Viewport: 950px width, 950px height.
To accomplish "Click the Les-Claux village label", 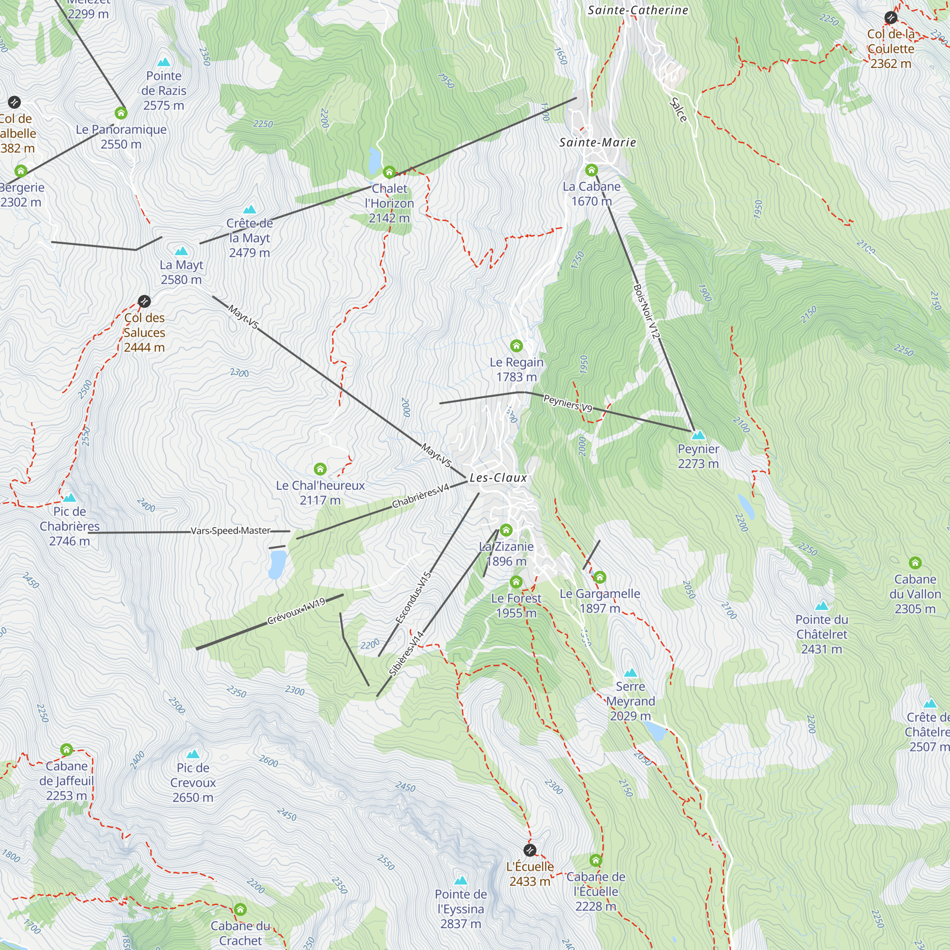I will pos(498,478).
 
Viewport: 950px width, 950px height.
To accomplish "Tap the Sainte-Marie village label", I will pos(598,142).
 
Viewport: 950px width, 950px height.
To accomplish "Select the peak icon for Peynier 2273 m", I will pos(698,435).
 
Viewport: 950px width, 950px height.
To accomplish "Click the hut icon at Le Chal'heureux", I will pos(320,469).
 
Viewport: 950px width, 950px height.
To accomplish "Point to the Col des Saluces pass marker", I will pos(144,301).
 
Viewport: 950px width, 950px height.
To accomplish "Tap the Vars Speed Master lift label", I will pos(231,531).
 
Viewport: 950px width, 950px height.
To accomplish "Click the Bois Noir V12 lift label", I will pos(646,312).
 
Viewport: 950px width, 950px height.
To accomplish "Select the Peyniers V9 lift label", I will pos(568,404).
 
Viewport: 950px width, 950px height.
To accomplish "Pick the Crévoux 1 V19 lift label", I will pos(296,611).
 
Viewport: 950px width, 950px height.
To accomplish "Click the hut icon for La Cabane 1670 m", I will pos(591,170).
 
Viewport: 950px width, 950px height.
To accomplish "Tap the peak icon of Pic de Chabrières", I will pos(70,498).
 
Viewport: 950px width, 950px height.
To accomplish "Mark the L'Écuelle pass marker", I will pos(530,850).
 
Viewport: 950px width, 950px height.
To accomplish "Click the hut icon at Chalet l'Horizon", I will pos(389,172).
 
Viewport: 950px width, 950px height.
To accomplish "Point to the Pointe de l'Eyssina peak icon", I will pos(461,881).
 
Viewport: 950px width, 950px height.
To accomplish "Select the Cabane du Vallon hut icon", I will pos(915,562).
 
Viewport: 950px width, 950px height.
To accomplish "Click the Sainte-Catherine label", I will pos(638,10).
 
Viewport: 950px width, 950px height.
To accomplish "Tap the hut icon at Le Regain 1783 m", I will pos(516,346).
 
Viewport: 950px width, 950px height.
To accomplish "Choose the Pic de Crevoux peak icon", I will pos(193,754).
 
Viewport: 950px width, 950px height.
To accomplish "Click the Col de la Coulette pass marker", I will pos(891,18).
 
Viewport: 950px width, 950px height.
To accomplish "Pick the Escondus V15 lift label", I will pos(414,598).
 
